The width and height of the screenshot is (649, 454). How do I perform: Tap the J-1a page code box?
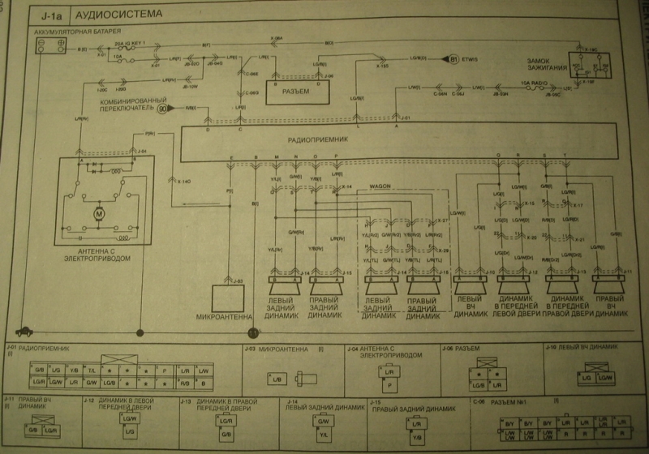[x=49, y=15]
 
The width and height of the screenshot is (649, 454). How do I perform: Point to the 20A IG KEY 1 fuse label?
[x=132, y=40]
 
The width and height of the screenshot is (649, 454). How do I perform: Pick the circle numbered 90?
[x=163, y=108]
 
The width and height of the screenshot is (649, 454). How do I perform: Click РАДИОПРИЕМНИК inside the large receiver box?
[x=317, y=139]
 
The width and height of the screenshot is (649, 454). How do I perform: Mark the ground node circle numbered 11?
[x=252, y=332]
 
